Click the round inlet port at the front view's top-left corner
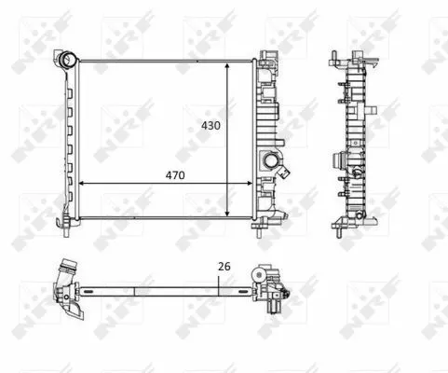coord(67,61)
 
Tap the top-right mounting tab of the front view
coord(271,51)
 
